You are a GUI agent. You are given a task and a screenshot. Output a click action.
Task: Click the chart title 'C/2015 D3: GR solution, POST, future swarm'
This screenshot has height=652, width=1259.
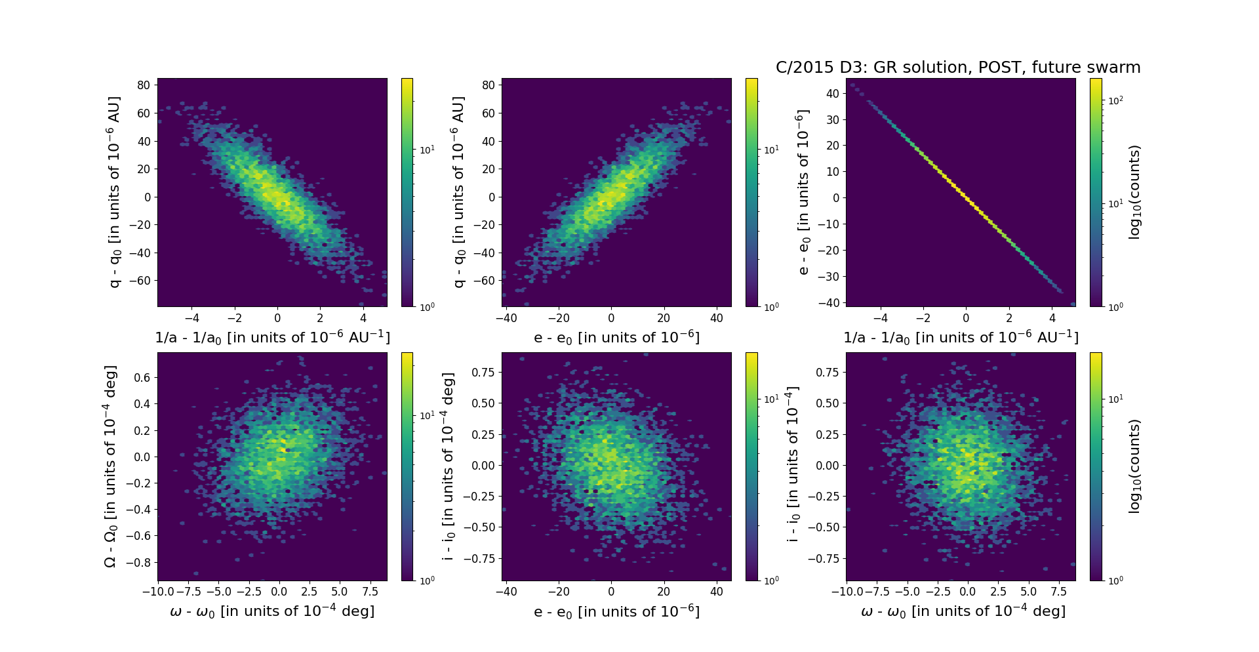pos(957,68)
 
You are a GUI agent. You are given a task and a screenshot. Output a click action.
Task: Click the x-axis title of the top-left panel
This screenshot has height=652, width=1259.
pos(272,337)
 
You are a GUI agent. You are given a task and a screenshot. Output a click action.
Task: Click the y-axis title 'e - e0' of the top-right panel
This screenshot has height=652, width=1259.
pos(803,192)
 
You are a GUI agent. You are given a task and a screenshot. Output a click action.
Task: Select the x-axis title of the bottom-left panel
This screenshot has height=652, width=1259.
pos(272,611)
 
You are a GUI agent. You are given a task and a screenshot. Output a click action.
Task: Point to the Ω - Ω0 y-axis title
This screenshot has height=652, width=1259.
pos(111,466)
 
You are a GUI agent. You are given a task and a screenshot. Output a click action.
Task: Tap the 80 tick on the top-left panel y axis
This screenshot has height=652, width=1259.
pos(144,85)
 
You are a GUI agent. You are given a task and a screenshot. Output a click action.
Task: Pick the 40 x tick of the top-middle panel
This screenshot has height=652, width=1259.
pos(717,318)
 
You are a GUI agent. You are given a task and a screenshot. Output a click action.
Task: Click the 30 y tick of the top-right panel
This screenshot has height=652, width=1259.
pos(832,119)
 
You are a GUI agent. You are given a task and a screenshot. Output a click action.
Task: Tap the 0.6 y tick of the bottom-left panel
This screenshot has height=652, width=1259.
pos(142,378)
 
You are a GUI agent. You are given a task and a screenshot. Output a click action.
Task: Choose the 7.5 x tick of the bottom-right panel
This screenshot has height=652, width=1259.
pos(1058,592)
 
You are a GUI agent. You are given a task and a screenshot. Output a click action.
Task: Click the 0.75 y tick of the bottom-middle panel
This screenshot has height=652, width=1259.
pos(483,372)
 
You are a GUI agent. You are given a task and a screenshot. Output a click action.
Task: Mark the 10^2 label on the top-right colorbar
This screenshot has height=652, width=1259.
pos(1115,100)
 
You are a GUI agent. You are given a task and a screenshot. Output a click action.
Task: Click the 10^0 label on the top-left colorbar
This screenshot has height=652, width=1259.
pos(426,307)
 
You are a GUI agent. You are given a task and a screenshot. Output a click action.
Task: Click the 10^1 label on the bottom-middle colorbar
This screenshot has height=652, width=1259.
pos(771,399)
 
